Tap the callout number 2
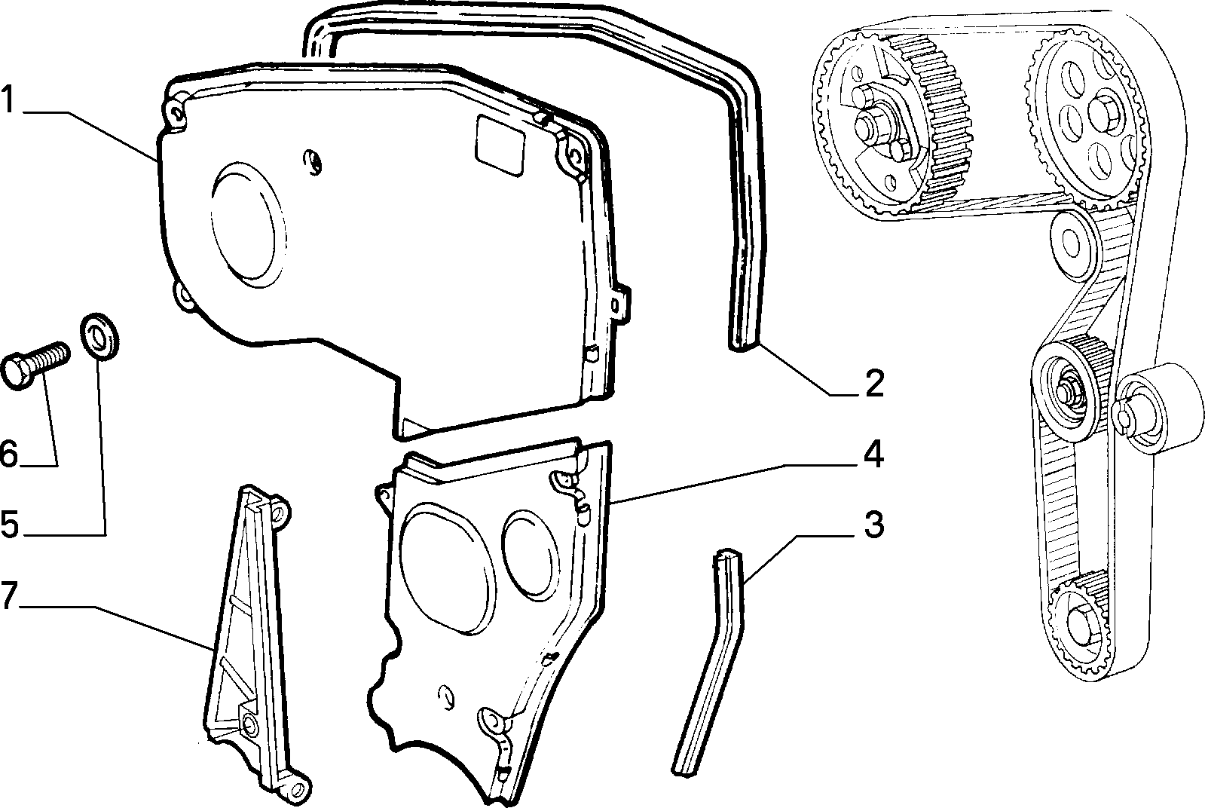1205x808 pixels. click(x=875, y=384)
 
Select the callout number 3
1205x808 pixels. click(x=874, y=525)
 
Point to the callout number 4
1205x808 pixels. click(x=873, y=454)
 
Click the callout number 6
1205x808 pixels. click(x=8, y=454)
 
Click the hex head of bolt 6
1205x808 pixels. click(x=17, y=371)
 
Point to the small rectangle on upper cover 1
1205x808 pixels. click(x=500, y=146)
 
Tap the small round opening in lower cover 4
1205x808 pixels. click(x=530, y=555)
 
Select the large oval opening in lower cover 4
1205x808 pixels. click(x=446, y=568)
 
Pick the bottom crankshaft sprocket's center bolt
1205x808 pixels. click(x=1078, y=626)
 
